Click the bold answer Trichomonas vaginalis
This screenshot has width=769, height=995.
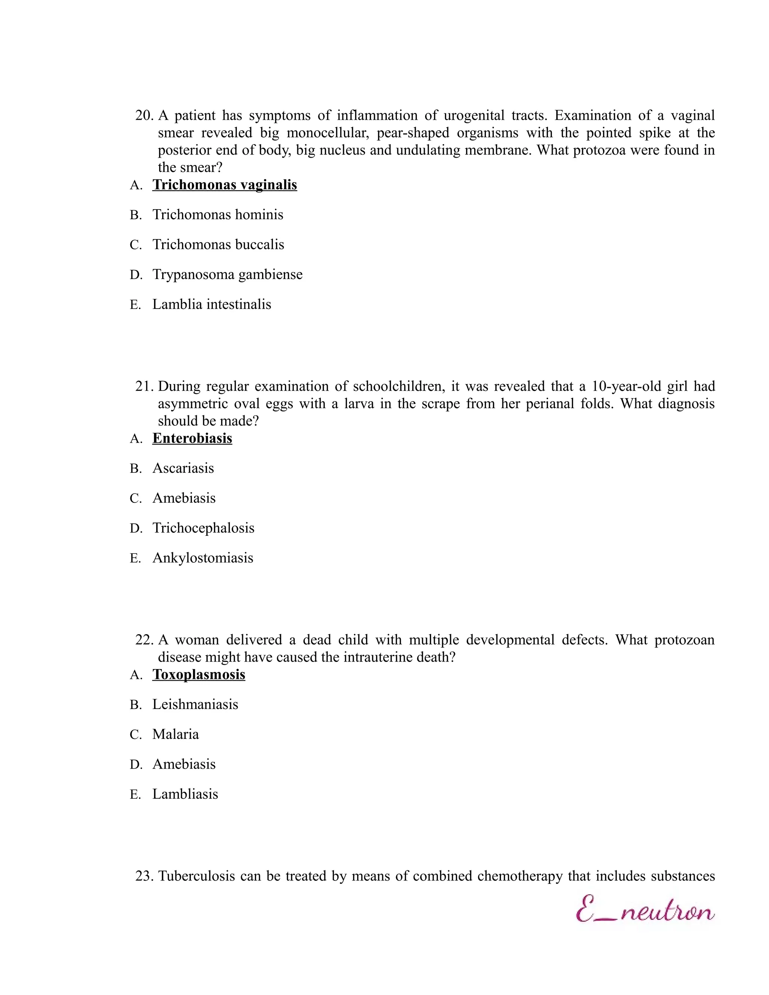225,185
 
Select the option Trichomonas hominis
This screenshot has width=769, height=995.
217,214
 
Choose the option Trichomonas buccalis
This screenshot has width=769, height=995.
218,245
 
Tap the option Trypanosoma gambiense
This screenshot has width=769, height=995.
227,275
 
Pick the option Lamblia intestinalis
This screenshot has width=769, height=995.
211,305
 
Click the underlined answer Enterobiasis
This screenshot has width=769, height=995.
192,438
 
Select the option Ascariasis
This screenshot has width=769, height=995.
183,468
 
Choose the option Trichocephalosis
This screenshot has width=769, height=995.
203,528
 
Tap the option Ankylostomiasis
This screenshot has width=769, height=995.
202,558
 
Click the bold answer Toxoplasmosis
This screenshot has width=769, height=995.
199,675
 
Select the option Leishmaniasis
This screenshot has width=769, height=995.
195,705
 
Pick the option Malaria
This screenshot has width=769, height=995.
175,734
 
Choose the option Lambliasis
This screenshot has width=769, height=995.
185,794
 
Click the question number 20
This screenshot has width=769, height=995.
143,116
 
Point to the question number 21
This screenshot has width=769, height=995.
143,387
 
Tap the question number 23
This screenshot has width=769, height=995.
143,876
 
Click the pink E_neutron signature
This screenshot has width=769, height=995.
645,910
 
